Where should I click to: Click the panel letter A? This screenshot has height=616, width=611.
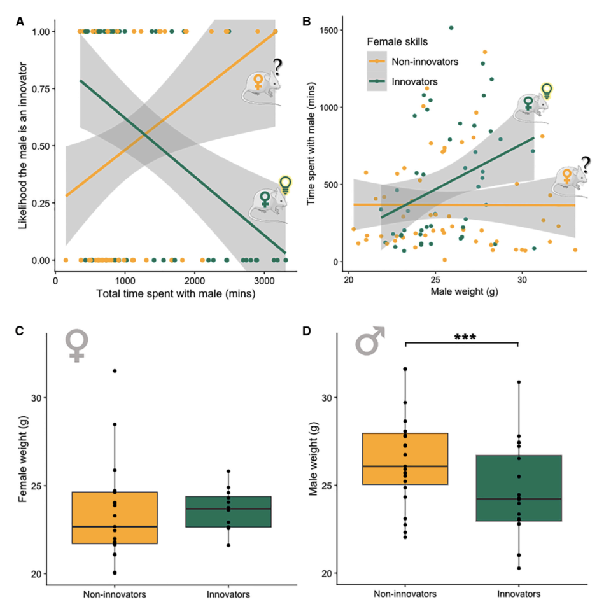20,20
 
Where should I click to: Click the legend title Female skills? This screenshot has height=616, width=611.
397,41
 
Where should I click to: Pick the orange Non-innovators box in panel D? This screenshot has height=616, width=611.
405,459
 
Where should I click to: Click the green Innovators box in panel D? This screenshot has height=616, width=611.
518,488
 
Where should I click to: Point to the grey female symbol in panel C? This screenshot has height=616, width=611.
77,345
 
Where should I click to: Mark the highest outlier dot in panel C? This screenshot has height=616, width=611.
115,370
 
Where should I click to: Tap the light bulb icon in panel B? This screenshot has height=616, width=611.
546,90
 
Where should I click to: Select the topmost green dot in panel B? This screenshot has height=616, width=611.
451,28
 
